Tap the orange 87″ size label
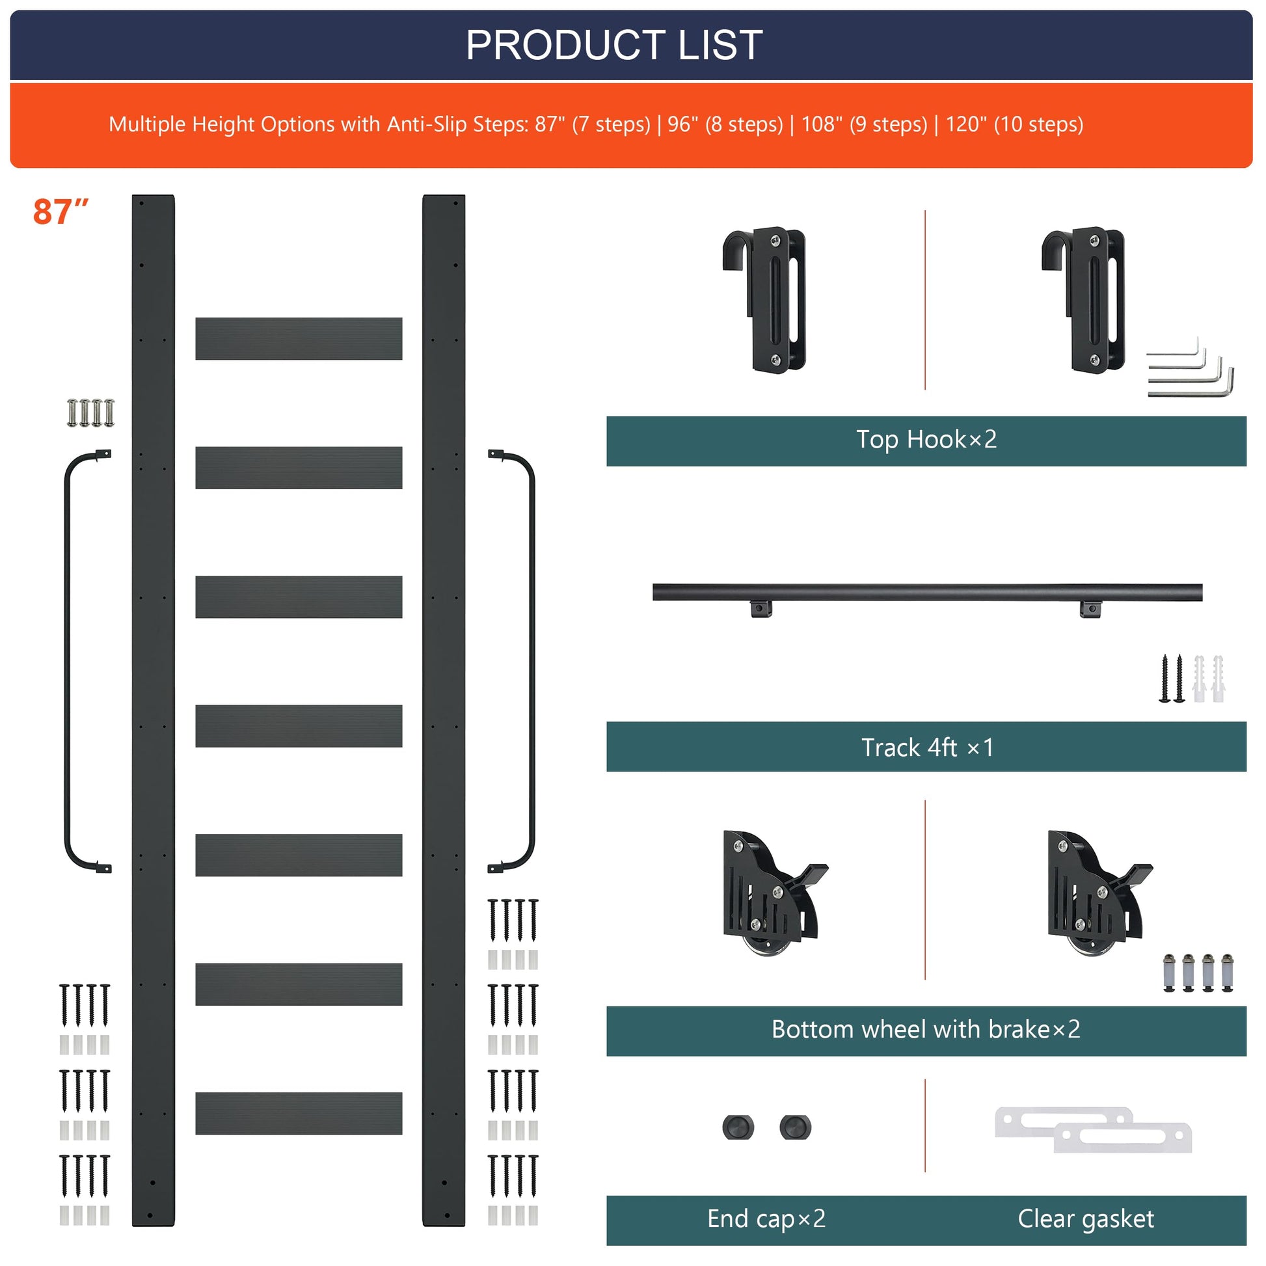pos(61,211)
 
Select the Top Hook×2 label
pos(926,439)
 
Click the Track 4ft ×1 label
pos(926,747)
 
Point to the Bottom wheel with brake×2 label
pos(925,1029)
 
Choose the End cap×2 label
pos(766,1218)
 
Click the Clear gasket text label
pos(1085,1218)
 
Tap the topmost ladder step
pos(299,339)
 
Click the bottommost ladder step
pos(299,1113)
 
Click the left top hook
pos(765,300)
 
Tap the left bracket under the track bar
pos(761,609)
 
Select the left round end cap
pos(738,1127)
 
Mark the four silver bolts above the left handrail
pos(90,413)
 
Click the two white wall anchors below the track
pos(1208,678)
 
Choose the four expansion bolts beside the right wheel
pos(1198,973)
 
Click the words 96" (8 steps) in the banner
pos(725,124)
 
